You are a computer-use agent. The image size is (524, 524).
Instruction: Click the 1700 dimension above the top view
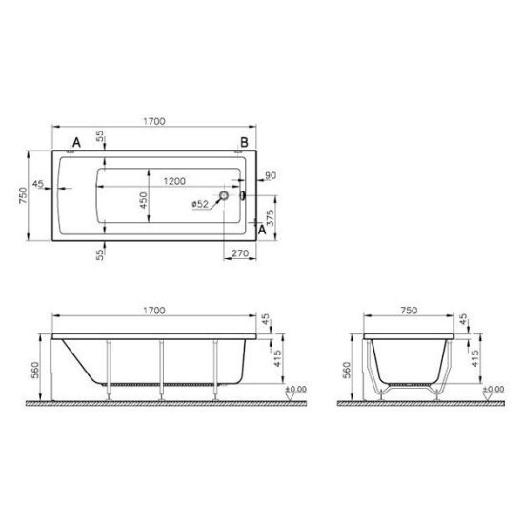pos(154,121)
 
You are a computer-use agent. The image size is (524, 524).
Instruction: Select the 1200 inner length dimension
pos(174,181)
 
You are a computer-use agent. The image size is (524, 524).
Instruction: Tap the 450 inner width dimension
pos(143,200)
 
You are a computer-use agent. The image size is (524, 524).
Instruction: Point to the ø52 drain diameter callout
pos(200,204)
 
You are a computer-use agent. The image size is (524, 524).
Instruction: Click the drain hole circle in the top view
pos(224,195)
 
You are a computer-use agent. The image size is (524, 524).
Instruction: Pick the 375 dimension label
pos(271,218)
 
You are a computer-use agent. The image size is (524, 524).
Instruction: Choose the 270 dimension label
pos(240,253)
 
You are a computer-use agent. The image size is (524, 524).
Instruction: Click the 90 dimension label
pos(271,175)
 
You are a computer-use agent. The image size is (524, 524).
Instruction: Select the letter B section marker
pos(244,142)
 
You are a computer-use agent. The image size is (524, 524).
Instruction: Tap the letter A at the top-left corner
pos(76,143)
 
